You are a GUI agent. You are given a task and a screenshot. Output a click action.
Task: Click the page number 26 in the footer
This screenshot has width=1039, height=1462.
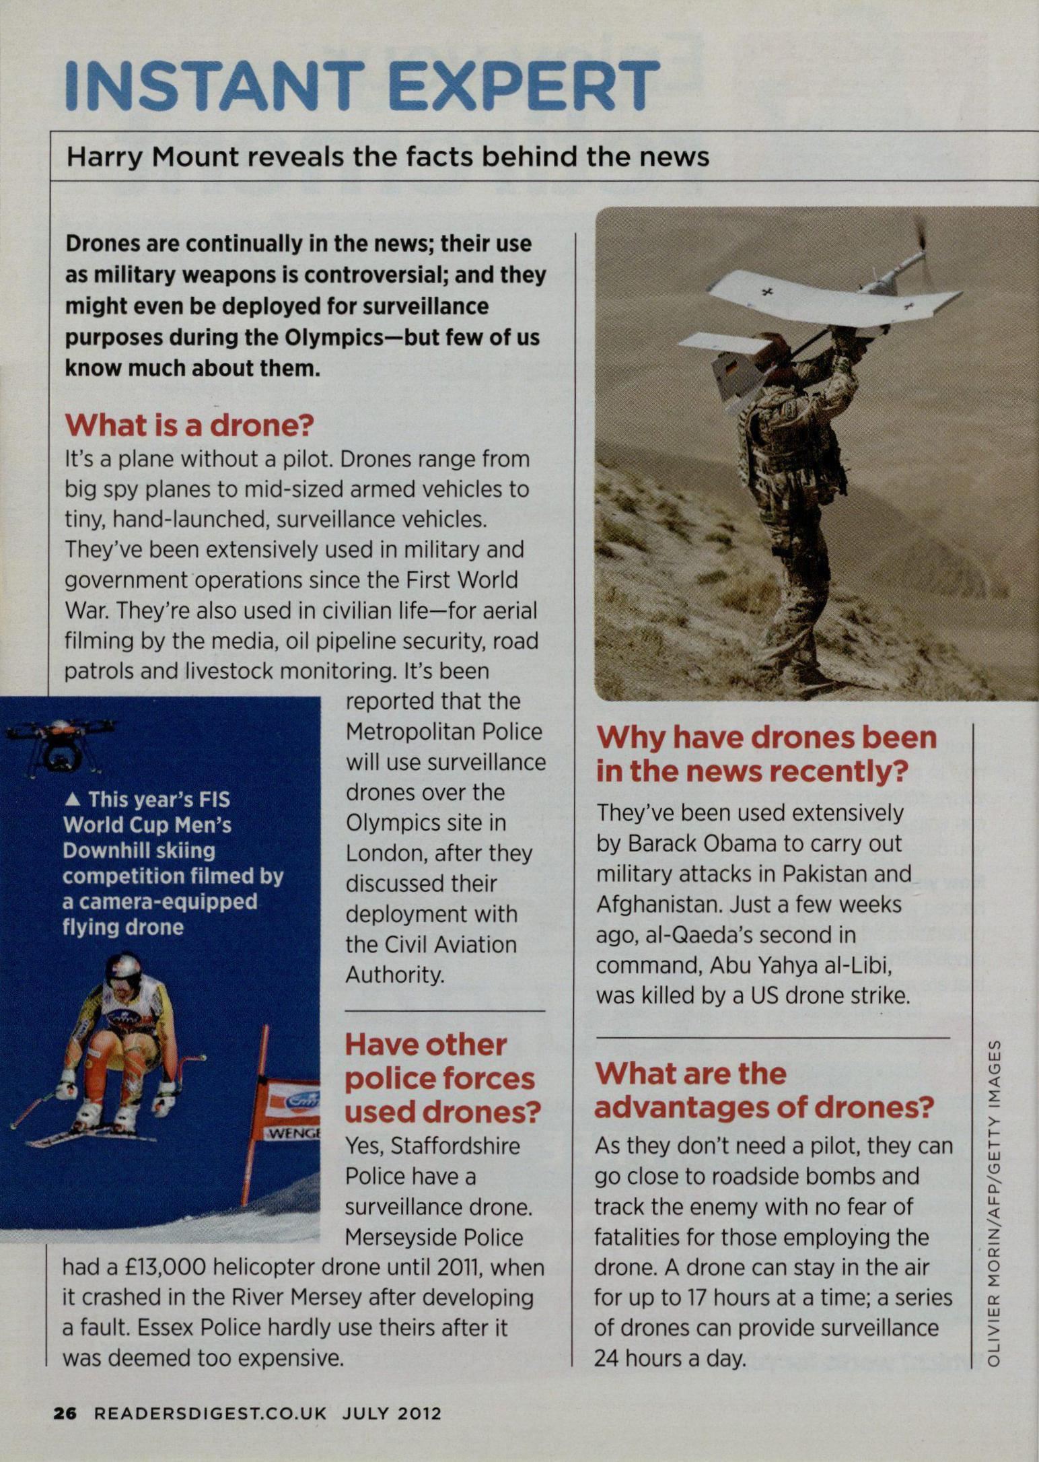tap(66, 1412)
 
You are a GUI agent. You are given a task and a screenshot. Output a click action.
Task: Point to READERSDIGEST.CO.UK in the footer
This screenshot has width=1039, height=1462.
tap(210, 1412)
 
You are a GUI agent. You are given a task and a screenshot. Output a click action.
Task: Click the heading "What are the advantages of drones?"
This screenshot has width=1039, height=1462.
tap(764, 1090)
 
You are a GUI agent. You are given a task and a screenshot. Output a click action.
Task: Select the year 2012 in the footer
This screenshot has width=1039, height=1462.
tap(420, 1412)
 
